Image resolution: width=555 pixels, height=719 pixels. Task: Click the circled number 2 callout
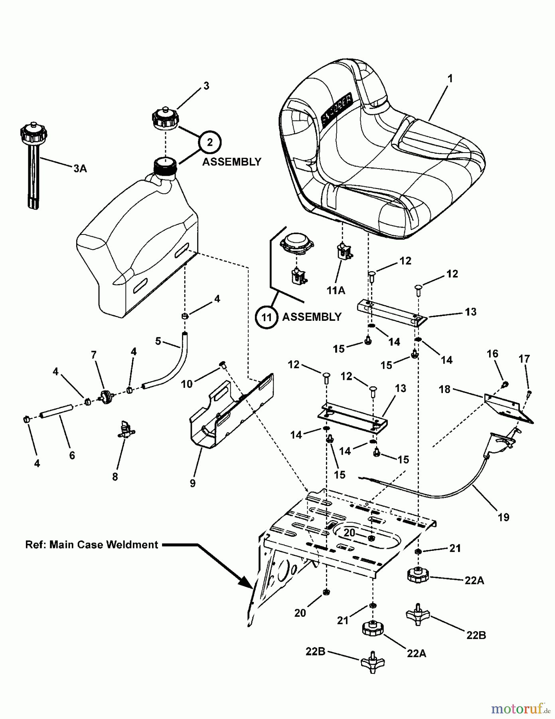[210, 142]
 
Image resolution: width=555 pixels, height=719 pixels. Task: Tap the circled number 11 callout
[267, 317]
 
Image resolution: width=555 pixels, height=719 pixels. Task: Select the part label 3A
[80, 169]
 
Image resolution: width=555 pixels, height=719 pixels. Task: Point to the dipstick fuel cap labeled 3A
[33, 164]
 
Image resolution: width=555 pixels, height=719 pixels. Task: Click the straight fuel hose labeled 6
[56, 411]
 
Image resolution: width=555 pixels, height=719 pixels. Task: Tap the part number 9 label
[193, 483]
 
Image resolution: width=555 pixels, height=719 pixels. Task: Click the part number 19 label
[504, 517]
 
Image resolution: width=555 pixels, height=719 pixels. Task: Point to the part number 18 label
[444, 389]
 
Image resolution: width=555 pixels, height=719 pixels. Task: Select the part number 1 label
[450, 79]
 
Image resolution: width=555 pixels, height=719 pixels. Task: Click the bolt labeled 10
[223, 364]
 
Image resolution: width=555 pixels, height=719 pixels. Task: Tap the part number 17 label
[524, 359]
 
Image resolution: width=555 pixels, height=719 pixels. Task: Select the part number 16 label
[493, 354]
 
